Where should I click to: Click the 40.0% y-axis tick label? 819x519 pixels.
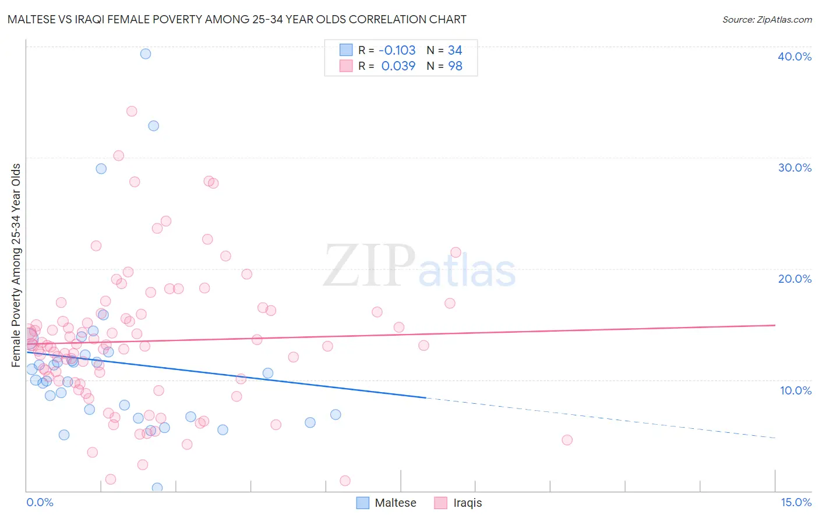click(x=795, y=56)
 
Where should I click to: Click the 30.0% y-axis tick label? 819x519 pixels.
click(x=795, y=168)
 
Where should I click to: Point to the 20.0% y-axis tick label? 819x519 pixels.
click(x=795, y=279)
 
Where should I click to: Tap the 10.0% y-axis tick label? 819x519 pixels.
click(x=796, y=390)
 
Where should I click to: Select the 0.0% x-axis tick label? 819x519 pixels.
click(x=40, y=502)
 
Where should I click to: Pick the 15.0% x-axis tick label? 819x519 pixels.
click(x=796, y=502)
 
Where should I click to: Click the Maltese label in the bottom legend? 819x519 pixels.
click(x=396, y=503)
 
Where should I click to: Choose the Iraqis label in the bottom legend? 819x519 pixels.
click(x=468, y=503)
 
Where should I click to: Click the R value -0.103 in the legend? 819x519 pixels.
click(x=397, y=50)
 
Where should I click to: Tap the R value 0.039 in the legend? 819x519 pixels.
click(x=398, y=66)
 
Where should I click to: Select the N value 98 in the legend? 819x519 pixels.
click(x=455, y=66)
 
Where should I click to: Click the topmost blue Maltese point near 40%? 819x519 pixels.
click(x=146, y=54)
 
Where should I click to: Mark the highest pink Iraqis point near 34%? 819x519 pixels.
click(x=132, y=111)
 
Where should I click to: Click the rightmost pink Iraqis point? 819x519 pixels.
click(x=567, y=440)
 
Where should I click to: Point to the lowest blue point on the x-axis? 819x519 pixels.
click(x=157, y=488)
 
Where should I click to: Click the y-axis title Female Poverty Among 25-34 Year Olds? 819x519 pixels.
click(x=16, y=265)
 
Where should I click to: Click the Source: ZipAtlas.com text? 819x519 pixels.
click(x=767, y=20)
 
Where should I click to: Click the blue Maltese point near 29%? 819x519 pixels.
click(x=101, y=169)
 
